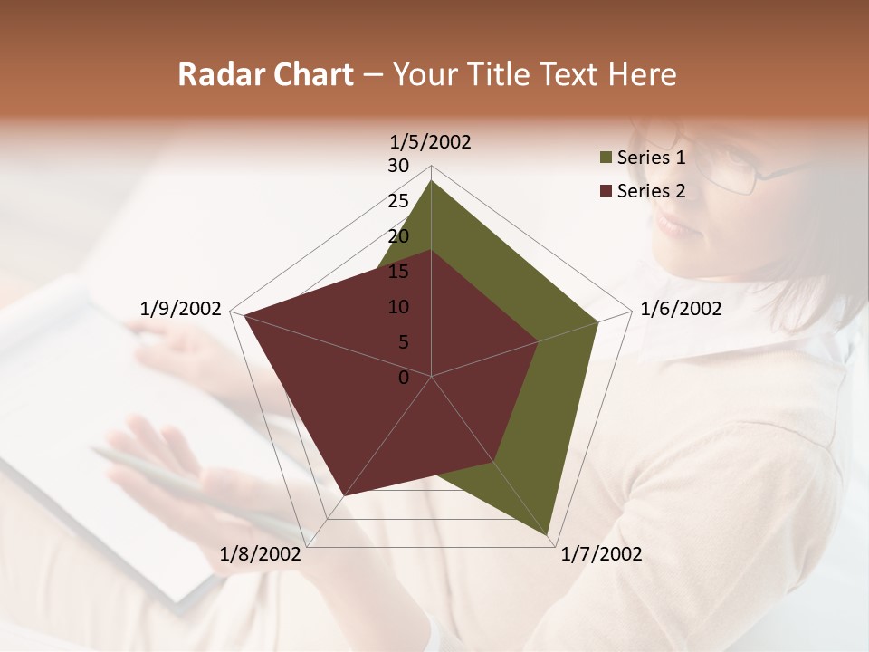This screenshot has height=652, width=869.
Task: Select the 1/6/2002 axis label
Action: click(681, 309)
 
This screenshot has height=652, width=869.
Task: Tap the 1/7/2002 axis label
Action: click(601, 553)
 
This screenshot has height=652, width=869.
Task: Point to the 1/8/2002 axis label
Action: click(261, 553)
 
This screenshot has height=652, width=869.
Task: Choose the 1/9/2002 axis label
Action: click(181, 309)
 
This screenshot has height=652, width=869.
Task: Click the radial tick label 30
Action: click(398, 166)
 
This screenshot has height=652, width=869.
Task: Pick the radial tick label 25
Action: click(398, 201)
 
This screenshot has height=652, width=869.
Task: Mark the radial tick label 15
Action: click(398, 272)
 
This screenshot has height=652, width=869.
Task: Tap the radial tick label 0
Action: click(404, 378)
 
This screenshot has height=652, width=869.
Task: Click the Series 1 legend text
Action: click(651, 158)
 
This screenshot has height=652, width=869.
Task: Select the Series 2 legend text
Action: click(651, 190)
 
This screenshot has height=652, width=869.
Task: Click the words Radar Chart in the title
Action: click(265, 75)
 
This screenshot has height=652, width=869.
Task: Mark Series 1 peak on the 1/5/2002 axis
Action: click(431, 181)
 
